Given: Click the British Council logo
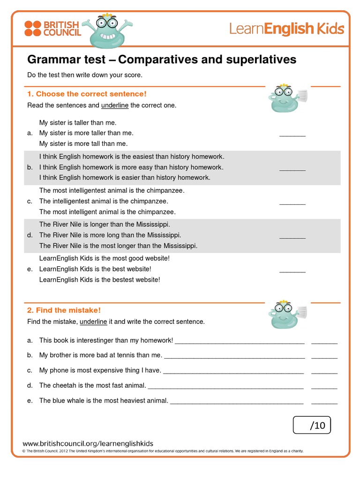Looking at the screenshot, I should [52, 29].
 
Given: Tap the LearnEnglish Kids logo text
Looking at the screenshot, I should [286, 29].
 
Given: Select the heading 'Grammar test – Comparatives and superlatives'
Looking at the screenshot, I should [162, 60].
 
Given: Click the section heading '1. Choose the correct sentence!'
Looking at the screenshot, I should [87, 94].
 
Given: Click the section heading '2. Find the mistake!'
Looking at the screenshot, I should [64, 310].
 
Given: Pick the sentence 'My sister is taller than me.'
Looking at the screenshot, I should [78, 123].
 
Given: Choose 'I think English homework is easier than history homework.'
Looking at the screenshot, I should [125, 178].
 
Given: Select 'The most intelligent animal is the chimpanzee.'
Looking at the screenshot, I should [107, 212].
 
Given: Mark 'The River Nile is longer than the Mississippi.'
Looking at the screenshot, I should [105, 224].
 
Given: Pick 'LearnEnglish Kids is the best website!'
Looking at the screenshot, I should [95, 269].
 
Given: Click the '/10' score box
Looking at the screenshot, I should [312, 425].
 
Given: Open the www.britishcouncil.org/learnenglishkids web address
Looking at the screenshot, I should [88, 443].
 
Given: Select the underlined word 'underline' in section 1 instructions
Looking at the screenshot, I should [115, 105].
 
